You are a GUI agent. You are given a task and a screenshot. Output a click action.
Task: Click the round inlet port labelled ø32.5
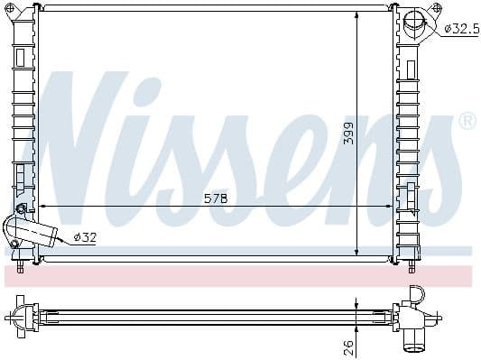pyautogui.click(x=417, y=25)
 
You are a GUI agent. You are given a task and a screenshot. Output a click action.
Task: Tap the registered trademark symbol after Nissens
pyautogui.click(x=467, y=120)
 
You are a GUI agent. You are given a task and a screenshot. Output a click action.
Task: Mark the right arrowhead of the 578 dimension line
pyautogui.click(x=389, y=206)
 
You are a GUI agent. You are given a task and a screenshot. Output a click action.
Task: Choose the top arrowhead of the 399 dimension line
pyautogui.click(x=358, y=14)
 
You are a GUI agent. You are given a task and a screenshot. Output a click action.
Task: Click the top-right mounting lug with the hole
pyautogui.click(x=436, y=9)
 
